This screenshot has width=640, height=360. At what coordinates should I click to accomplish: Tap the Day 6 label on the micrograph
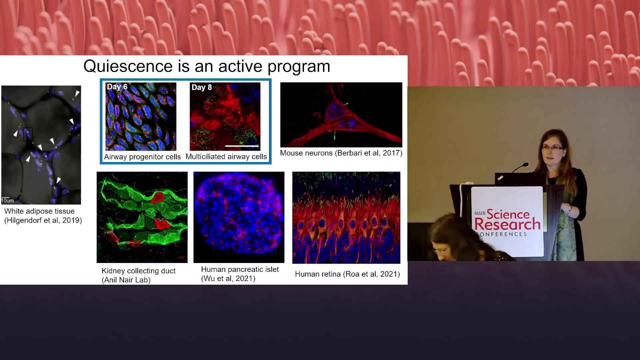tap(117, 87)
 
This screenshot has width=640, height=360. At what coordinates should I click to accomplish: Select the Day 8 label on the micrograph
tap(202, 87)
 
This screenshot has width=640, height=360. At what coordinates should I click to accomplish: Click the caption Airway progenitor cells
tap(142, 157)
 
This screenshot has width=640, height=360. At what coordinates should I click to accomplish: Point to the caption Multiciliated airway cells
tap(226, 157)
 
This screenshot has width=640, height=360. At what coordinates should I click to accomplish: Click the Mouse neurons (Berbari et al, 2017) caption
tap(341, 153)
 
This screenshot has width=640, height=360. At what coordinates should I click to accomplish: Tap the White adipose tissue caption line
tap(39, 211)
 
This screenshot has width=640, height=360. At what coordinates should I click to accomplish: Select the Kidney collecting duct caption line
tap(139, 271)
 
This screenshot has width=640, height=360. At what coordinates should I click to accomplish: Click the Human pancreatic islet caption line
tap(240, 269)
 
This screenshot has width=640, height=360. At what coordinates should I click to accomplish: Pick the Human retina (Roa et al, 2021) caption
tap(347, 274)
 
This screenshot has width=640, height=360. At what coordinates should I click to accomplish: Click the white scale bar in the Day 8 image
tap(242, 146)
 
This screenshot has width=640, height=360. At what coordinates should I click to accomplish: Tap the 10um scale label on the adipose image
tap(7, 201)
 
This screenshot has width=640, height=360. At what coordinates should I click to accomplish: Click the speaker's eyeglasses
tap(552, 147)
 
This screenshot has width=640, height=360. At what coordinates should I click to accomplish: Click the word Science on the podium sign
tap(508, 214)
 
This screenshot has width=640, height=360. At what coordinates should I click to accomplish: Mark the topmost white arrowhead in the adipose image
tap(77, 93)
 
